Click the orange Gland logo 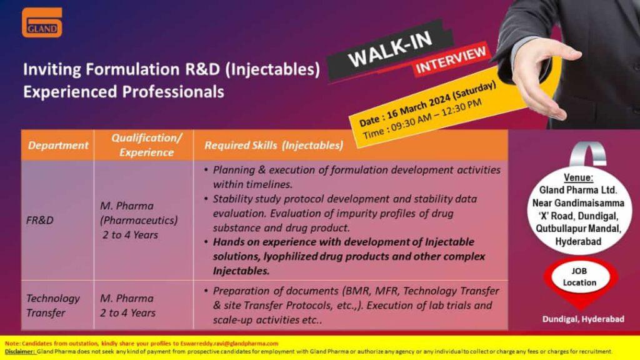pos(42,22)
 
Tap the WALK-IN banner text pos(390,49)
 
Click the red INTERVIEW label pos(451,59)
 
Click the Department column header pos(58,145)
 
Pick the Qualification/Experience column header pos(146,145)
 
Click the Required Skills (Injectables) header pos(274,145)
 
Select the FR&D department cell pos(39,221)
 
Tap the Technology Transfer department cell pos(52,305)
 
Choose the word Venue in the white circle pos(578,177)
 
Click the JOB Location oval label pos(579,277)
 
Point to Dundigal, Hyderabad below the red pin pos(583,319)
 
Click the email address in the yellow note pos(229,343)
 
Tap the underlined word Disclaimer pos(19,351)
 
